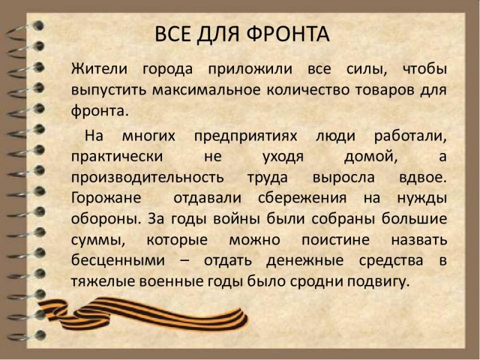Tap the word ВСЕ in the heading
(x=173, y=34)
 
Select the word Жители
(x=99, y=69)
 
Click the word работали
(x=410, y=136)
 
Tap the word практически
(x=117, y=157)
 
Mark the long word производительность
(x=148, y=178)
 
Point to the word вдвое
(x=423, y=178)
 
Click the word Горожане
(x=106, y=199)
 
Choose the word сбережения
(x=302, y=198)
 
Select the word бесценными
(x=118, y=260)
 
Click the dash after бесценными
(x=184, y=261)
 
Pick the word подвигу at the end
(x=378, y=281)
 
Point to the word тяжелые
(x=103, y=281)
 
